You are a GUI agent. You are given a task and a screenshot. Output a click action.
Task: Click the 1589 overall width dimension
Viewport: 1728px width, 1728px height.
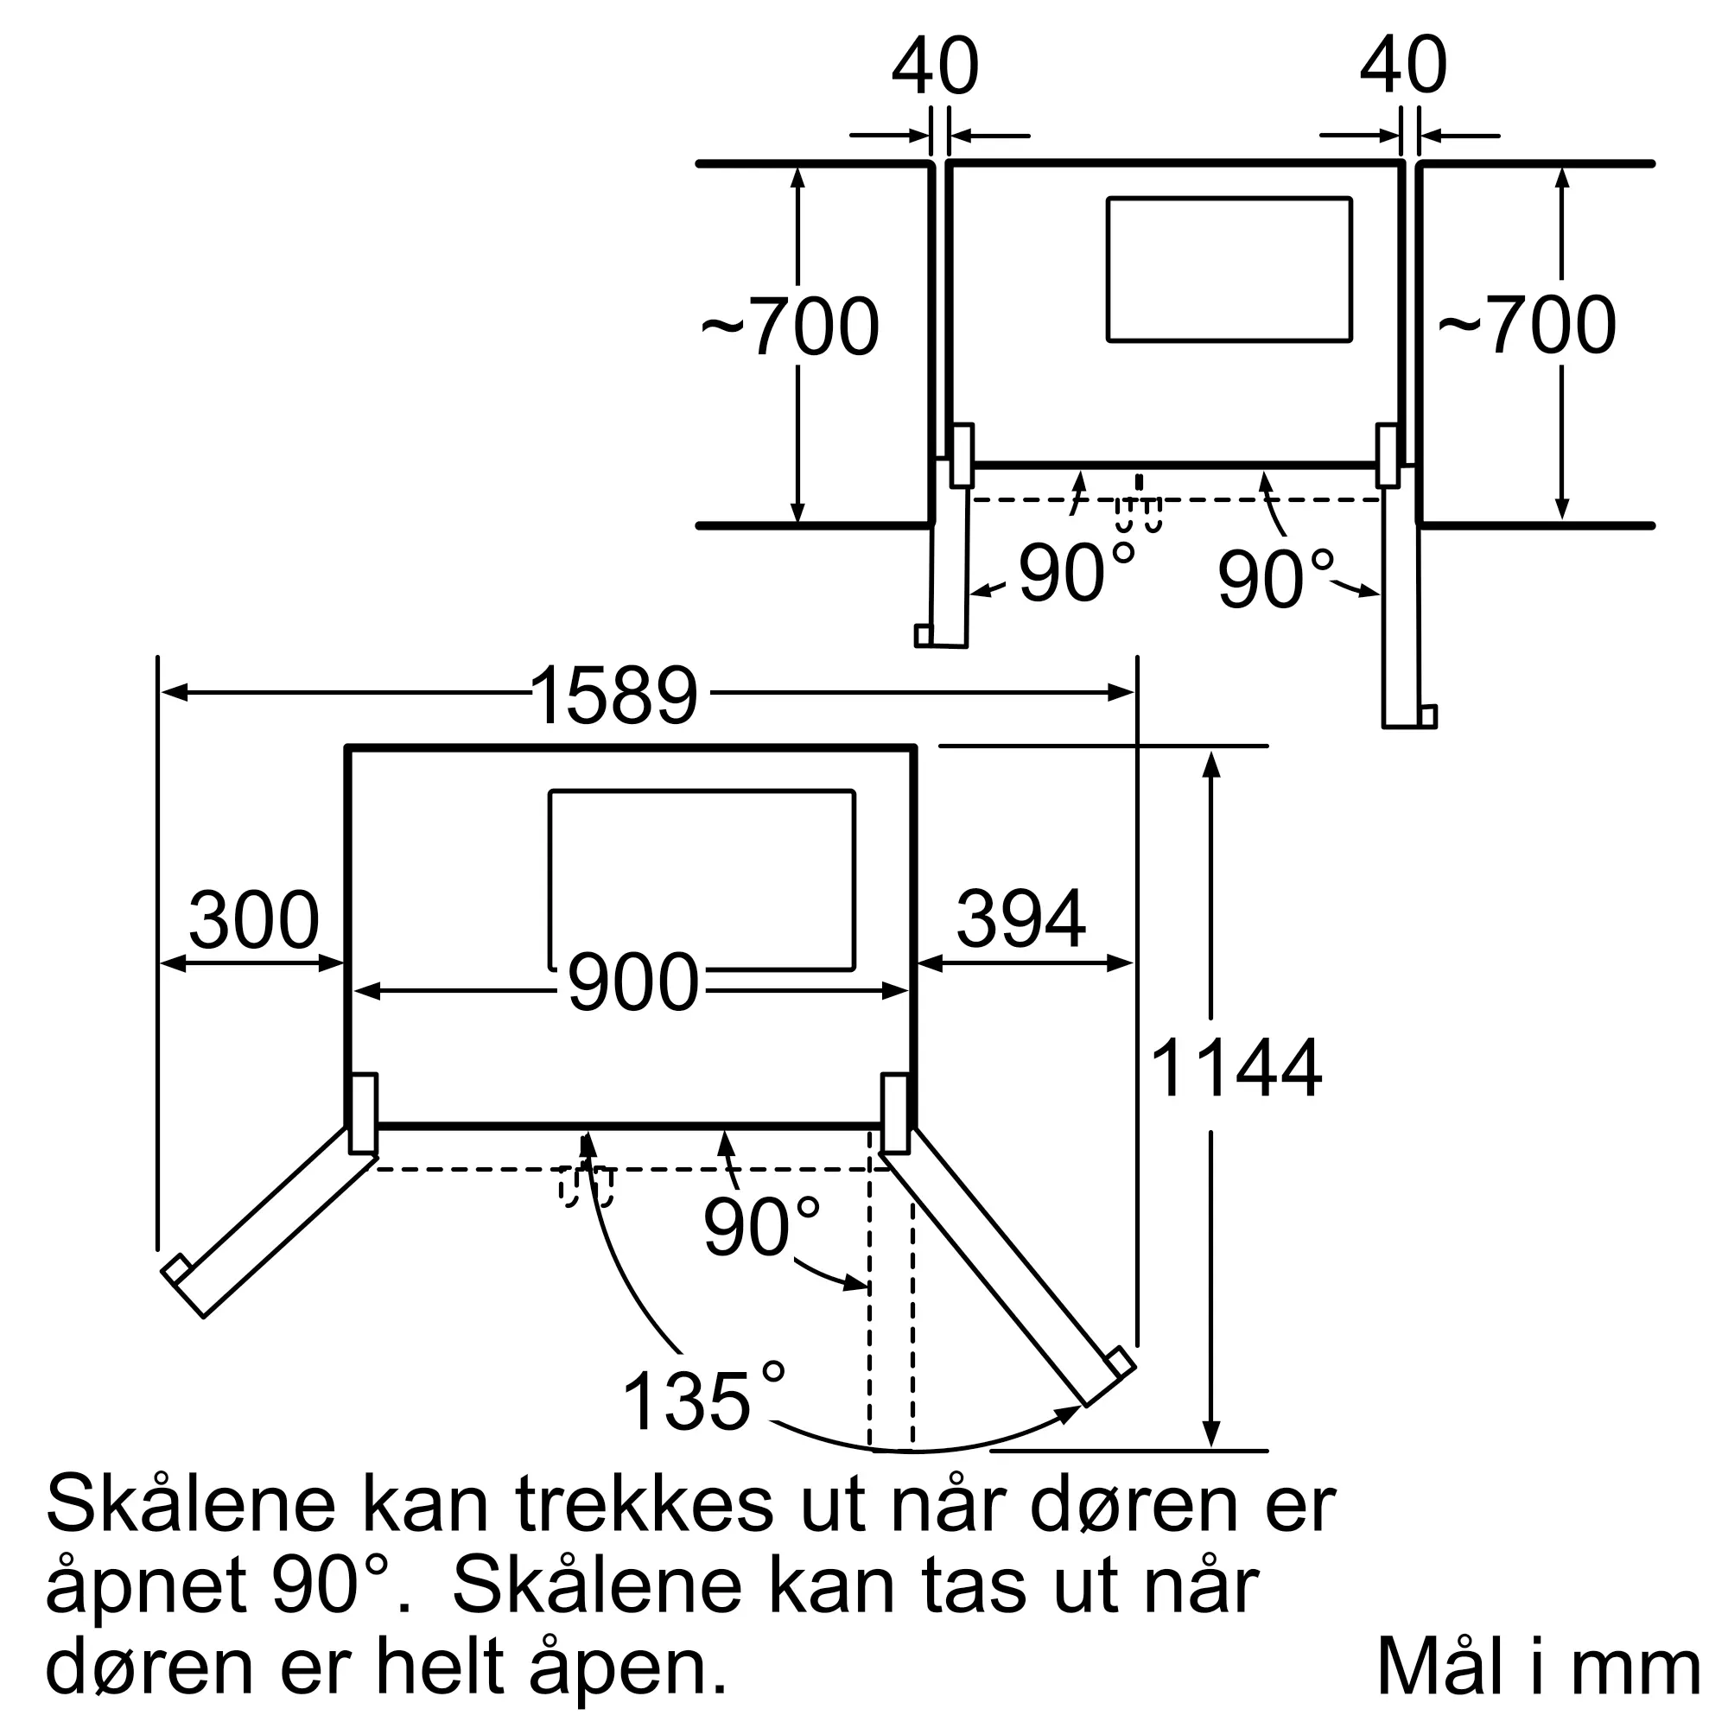(x=613, y=694)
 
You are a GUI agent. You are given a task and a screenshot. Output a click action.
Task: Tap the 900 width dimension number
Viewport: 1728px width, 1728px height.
(x=632, y=983)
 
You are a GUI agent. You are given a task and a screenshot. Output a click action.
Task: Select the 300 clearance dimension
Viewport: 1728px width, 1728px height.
(x=253, y=919)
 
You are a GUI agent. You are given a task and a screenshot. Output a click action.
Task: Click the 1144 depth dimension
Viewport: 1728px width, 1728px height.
(x=1236, y=1068)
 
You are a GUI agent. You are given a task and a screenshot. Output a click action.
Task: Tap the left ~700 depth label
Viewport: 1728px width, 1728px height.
(x=790, y=327)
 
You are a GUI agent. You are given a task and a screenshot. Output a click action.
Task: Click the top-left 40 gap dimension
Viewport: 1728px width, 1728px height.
(x=936, y=67)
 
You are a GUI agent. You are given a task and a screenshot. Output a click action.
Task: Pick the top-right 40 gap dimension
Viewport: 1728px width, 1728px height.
(x=1403, y=67)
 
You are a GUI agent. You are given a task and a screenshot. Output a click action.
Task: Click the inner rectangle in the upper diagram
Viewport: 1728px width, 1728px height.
(x=1229, y=270)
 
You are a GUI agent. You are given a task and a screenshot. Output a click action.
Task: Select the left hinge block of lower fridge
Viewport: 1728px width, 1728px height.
(x=363, y=1114)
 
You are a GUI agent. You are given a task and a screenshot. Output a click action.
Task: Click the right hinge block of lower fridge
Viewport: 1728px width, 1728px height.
(x=895, y=1114)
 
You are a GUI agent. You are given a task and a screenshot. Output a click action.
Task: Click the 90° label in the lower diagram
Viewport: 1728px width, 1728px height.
(x=760, y=1226)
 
